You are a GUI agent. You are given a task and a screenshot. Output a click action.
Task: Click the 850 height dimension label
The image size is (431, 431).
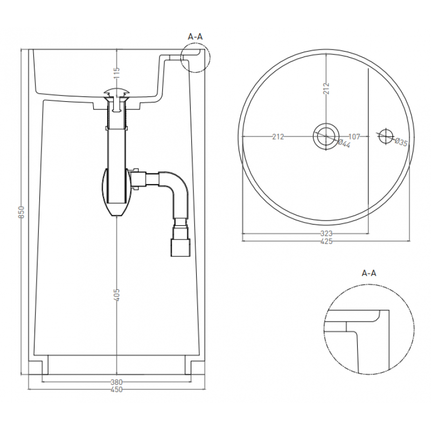pyautogui.click(x=22, y=212)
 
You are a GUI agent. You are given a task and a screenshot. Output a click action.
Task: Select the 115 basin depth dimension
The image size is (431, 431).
pyautogui.click(x=117, y=73)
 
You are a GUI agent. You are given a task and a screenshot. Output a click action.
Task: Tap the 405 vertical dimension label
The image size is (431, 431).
pyautogui.click(x=117, y=295)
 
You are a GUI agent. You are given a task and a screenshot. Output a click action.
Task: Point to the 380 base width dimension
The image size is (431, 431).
pyautogui.click(x=116, y=382)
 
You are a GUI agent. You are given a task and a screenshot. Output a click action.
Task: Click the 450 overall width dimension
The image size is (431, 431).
pyautogui.click(x=116, y=390)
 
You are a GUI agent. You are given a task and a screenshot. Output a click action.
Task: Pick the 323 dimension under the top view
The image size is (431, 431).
pyautogui.click(x=326, y=233)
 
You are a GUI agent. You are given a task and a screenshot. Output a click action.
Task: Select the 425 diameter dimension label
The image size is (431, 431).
pyautogui.click(x=326, y=241)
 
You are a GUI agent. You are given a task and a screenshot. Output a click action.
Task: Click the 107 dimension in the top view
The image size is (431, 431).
pyautogui.click(x=354, y=136)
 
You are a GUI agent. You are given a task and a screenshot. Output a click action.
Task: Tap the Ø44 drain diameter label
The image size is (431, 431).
pyautogui.click(x=344, y=143)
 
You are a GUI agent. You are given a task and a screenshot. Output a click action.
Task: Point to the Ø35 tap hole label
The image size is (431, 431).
pyautogui.click(x=401, y=142)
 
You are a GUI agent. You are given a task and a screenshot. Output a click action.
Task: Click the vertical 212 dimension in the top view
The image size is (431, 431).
pyautogui.click(x=326, y=88)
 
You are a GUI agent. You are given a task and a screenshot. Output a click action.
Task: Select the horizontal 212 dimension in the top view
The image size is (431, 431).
pyautogui.click(x=278, y=136)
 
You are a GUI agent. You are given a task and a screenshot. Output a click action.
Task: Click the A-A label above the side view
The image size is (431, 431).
pyautogui.click(x=195, y=36)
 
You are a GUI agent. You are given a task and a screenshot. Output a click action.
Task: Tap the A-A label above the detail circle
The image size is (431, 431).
pyautogui.click(x=369, y=273)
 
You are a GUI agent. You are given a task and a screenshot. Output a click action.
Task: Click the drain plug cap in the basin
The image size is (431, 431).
pyautogui.click(x=117, y=92)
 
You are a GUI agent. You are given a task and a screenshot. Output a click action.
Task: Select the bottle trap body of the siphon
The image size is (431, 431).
pyautogui.click(x=117, y=192)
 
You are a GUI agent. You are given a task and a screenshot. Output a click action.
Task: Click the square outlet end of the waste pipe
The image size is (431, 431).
pyautogui.click(x=180, y=247)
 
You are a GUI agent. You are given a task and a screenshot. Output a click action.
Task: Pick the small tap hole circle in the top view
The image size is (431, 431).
pyautogui.click(x=386, y=136)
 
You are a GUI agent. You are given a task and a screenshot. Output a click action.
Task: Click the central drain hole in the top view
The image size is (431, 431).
pyautogui.click(x=326, y=136)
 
